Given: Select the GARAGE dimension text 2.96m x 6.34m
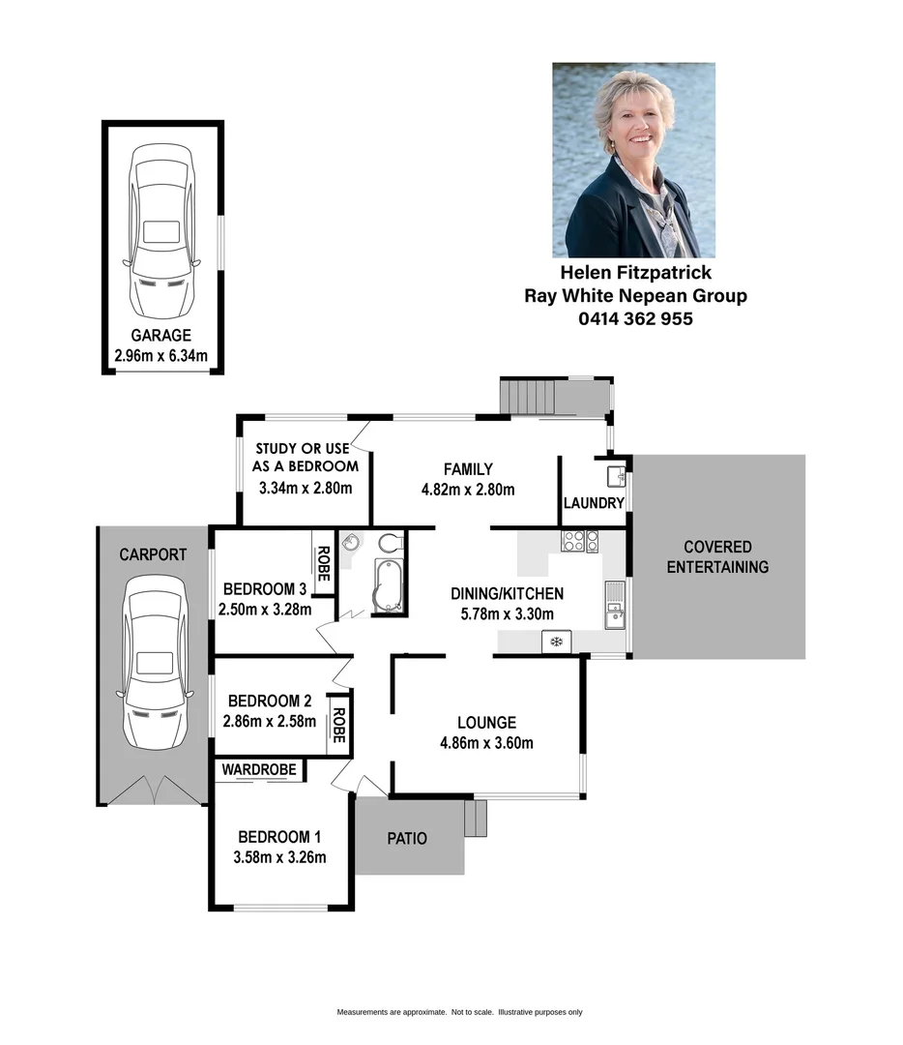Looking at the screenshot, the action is click(161, 355).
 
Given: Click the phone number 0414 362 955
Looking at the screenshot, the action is click(635, 318).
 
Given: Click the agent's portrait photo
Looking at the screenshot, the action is click(633, 160).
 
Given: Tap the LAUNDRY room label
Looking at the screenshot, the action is click(595, 503).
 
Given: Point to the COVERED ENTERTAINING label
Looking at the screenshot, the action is click(717, 557).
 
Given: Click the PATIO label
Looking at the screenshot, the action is click(407, 839).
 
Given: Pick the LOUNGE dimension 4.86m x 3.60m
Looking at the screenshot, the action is click(487, 743).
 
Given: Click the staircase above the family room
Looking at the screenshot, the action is click(527, 397).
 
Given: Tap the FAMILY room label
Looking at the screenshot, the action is click(468, 469).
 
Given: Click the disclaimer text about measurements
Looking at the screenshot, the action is click(459, 1012).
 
